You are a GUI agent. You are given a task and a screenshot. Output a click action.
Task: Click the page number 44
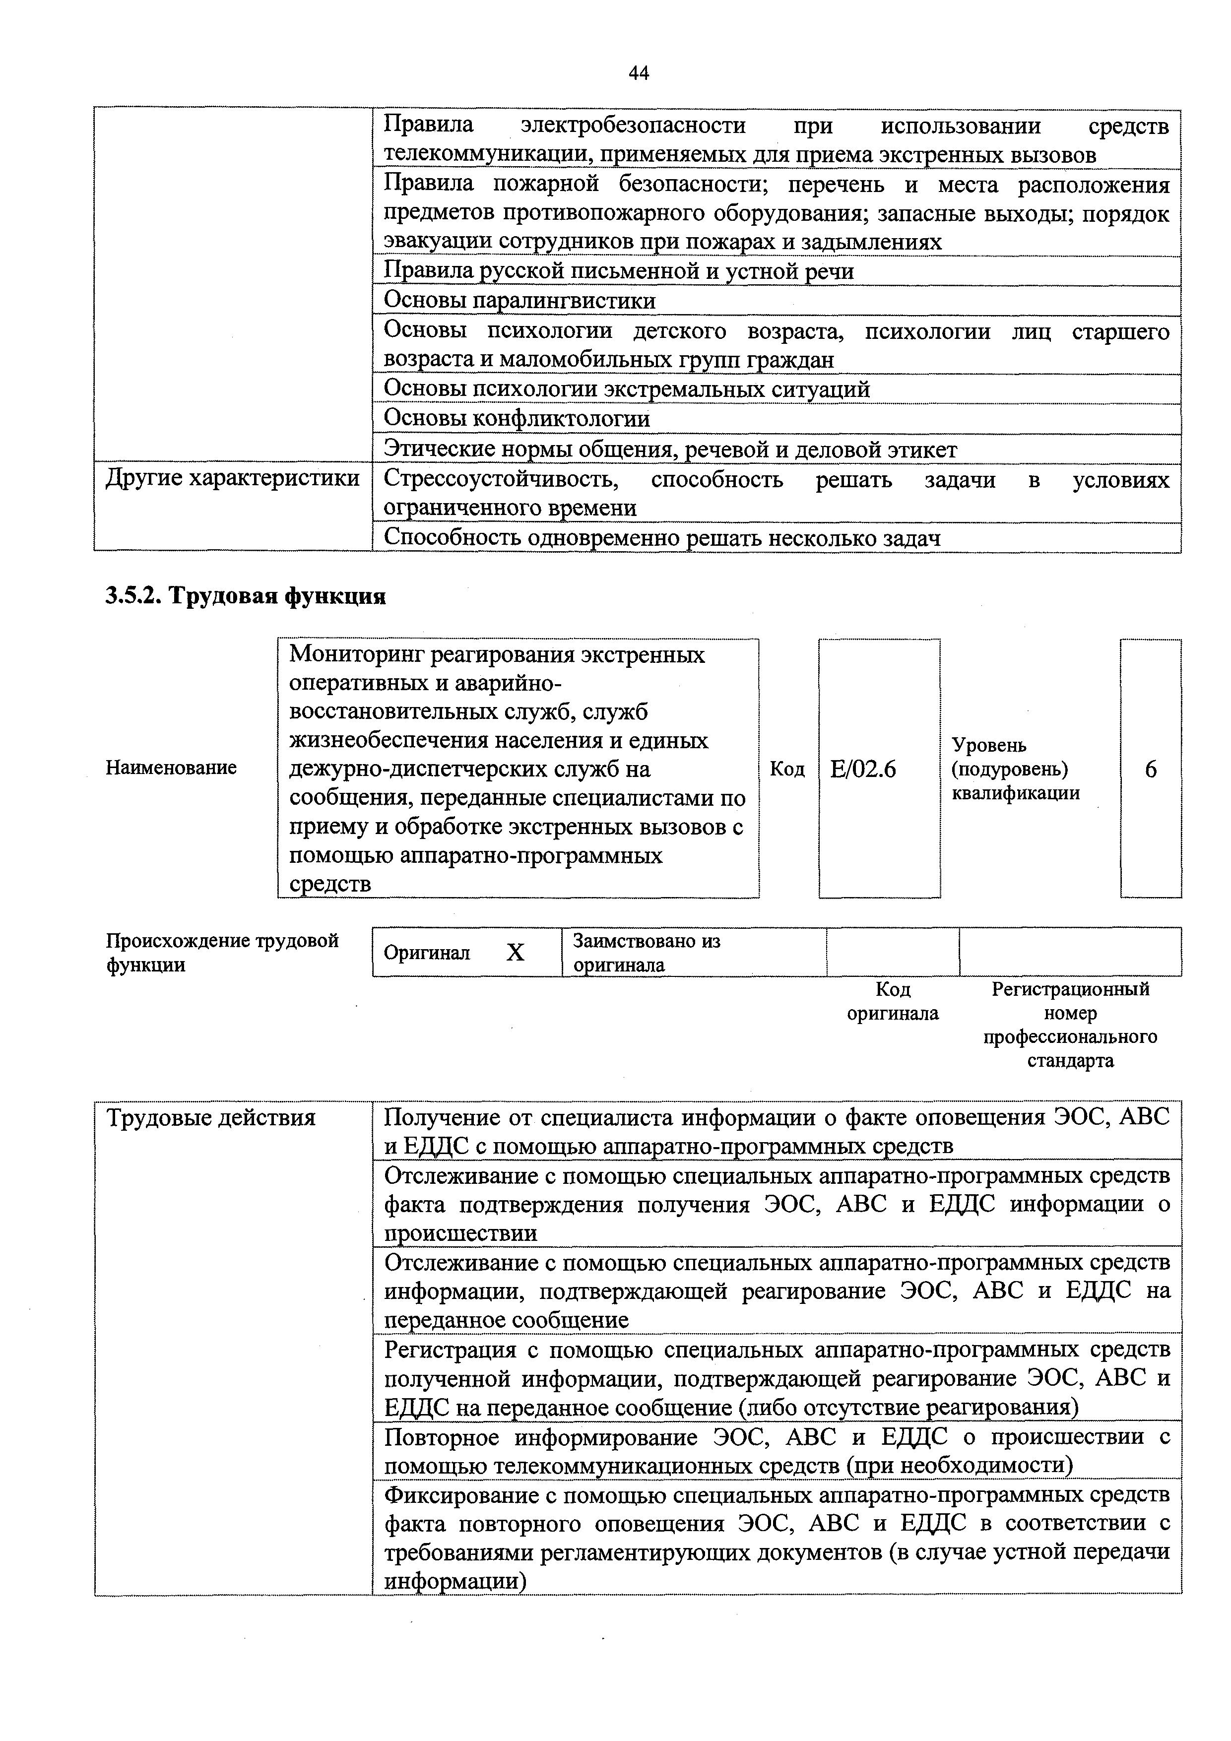click(639, 73)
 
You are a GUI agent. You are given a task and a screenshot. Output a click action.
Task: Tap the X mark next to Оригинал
click(515, 953)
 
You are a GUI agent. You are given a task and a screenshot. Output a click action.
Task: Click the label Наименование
click(171, 768)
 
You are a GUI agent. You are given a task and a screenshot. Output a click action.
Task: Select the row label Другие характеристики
click(232, 478)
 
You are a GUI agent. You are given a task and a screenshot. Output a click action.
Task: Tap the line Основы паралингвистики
click(519, 301)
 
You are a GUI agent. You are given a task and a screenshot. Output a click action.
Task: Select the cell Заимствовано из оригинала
click(646, 953)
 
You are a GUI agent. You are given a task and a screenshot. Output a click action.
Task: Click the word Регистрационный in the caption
click(1070, 989)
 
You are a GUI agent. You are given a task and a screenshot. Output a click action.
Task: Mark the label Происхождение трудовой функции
click(221, 953)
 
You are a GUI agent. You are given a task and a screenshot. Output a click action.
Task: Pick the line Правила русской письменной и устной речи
click(618, 271)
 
